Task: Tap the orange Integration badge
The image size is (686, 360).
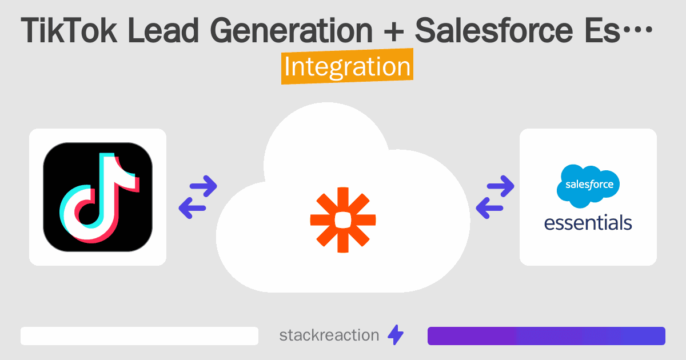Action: point(347,67)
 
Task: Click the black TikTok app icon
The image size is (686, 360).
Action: point(98,197)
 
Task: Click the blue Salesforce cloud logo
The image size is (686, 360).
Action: point(588,185)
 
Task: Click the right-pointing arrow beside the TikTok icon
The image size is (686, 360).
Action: point(204,186)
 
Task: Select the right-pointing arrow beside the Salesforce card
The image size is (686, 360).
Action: point(501,186)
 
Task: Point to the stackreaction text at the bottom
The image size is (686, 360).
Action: point(329,335)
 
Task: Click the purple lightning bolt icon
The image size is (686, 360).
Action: point(396,335)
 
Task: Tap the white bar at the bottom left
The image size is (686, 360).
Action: point(139,336)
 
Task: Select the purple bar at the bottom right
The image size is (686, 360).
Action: point(546,336)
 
